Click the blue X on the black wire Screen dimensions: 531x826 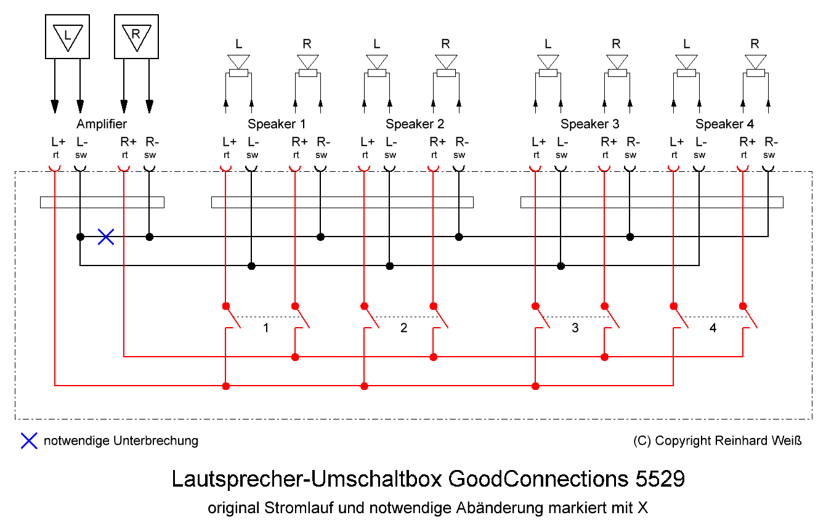106,237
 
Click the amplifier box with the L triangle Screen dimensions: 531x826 68,36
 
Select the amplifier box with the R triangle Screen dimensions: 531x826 136,36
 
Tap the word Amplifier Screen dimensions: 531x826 102,124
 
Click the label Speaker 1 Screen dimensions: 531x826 277,124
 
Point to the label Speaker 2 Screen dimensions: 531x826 415,124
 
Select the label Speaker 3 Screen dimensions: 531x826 589,124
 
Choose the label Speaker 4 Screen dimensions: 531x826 724,124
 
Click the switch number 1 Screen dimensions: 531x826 266,328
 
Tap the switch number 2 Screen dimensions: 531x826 404,328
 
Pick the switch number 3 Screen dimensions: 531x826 575,328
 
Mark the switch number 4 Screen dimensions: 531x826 713,328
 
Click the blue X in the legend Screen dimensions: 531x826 29,440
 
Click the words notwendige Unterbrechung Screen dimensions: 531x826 121,440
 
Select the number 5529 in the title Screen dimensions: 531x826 651,479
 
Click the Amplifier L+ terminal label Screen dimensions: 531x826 55,142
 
